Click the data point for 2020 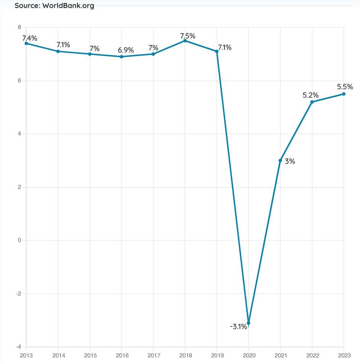click(x=249, y=323)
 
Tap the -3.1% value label click(x=238, y=327)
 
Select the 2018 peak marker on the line click(x=185, y=40)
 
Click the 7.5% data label click(x=187, y=36)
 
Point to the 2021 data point click(x=280, y=160)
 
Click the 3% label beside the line click(x=290, y=161)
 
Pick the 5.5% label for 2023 click(x=345, y=87)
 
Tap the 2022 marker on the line click(x=312, y=102)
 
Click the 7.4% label click(x=30, y=38)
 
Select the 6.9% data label click(x=126, y=50)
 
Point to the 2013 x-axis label click(x=26, y=355)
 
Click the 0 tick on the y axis click(x=19, y=240)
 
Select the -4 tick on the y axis click(x=18, y=347)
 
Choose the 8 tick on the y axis click(x=19, y=27)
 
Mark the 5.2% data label click(x=311, y=95)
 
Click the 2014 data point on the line click(x=58, y=51)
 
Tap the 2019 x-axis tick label click(x=217, y=355)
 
